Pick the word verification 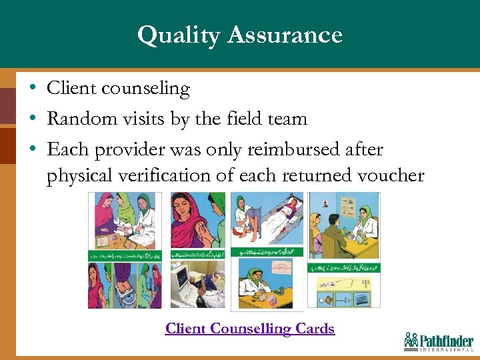179,176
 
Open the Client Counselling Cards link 249,329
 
